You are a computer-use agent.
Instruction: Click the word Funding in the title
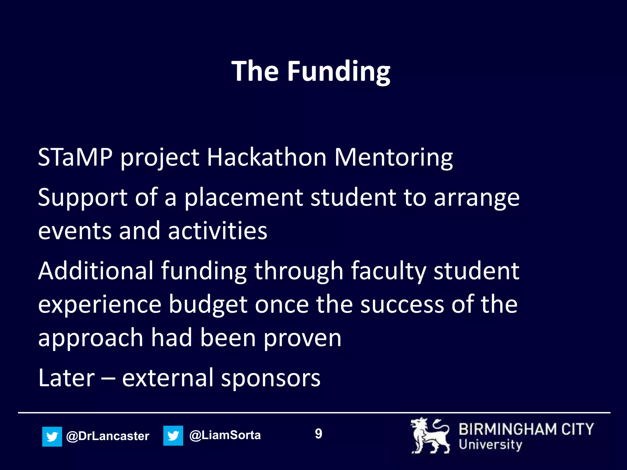point(339,72)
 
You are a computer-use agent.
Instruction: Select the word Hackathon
point(267,157)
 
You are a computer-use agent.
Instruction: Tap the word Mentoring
point(393,157)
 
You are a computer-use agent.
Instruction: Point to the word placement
point(244,198)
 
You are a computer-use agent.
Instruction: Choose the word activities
point(218,231)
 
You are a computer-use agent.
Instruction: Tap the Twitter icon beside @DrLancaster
point(52,436)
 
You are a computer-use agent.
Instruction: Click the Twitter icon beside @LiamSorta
point(173,436)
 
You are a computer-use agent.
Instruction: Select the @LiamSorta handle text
point(225,435)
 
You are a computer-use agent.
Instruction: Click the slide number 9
point(318,434)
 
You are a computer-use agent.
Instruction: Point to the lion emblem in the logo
point(430,436)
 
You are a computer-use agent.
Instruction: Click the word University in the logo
point(490,444)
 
